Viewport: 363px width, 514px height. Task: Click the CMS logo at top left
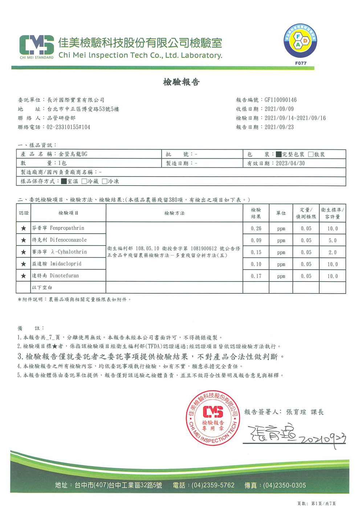coord(36,46)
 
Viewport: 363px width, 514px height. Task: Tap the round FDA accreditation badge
coord(300,41)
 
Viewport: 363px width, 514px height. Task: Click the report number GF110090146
coord(281,100)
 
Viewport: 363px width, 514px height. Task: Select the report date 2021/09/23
coord(279,127)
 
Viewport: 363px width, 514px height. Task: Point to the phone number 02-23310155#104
coord(68,127)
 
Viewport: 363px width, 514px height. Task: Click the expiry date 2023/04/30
coord(290,163)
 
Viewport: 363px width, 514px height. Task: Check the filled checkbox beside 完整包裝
coord(278,154)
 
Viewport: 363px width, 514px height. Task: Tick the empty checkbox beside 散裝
coord(311,154)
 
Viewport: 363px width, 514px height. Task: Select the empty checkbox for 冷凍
coord(105,181)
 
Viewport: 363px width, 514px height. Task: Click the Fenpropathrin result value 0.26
coord(256,228)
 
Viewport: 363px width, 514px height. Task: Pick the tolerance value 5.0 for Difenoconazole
coord(333,240)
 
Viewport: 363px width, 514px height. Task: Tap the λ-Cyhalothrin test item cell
coord(68,252)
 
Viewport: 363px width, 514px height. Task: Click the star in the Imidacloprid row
coord(24,264)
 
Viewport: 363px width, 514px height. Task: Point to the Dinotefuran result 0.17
coord(256,276)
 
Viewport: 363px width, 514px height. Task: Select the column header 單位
coord(281,213)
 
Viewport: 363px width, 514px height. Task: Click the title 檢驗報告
coord(181,82)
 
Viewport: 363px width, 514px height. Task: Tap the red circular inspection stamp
coord(213,418)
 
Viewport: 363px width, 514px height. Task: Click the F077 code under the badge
coord(301,63)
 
